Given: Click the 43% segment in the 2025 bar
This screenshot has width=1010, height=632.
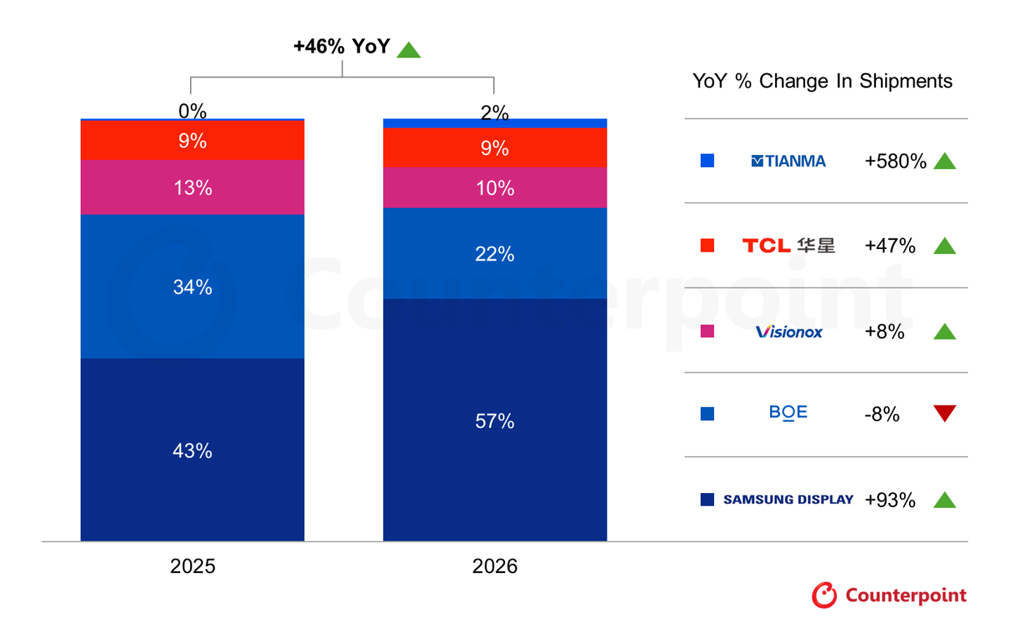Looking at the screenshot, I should tap(192, 450).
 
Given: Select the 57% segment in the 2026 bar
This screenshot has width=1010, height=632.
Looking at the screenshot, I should tap(494, 420).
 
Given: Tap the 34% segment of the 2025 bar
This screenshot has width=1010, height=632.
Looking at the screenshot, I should tap(192, 286).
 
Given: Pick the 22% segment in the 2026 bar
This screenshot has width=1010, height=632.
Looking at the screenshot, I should tap(494, 253).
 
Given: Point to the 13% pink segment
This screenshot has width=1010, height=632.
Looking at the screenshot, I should tap(192, 187).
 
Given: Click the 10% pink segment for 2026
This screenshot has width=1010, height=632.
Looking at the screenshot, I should tap(494, 187).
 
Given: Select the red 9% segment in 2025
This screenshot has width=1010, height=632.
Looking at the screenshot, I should tap(192, 140).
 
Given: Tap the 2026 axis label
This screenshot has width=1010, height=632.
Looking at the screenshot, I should tap(494, 566).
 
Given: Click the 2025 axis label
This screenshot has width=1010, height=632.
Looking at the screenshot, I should tap(192, 566).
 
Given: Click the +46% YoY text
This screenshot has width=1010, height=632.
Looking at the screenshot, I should tap(342, 46).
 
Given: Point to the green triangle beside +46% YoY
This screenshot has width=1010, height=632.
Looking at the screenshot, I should tap(408, 50).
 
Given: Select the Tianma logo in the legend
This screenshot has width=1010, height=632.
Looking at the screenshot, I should tap(788, 161).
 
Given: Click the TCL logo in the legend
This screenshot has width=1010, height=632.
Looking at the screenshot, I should tap(788, 246).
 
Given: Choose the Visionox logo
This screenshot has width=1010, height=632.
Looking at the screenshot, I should tap(788, 332).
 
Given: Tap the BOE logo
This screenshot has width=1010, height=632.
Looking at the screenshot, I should tap(788, 412).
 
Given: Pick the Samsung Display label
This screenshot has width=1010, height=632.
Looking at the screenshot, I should tap(788, 499).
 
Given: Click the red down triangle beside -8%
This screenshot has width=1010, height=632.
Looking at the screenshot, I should tap(945, 412).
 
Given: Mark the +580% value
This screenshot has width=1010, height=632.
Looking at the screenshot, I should tap(895, 161).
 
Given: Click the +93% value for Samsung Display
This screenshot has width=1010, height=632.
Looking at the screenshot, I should tap(889, 499).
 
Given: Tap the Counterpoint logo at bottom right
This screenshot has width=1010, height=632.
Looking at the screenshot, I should tap(889, 596).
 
